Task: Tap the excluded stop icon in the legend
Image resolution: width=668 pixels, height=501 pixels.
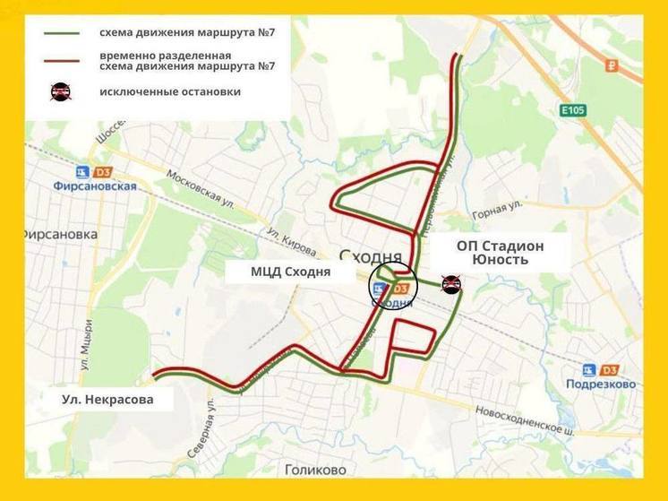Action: coord(60,91)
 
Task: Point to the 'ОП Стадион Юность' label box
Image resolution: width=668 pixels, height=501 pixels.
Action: coord(500,252)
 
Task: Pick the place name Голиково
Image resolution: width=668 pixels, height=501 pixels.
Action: coord(314,469)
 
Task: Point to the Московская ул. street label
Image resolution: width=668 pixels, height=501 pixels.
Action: coord(201,190)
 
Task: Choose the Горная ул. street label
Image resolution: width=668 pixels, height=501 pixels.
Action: coord(497,212)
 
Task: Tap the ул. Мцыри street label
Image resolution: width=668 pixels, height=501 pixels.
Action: coord(86,345)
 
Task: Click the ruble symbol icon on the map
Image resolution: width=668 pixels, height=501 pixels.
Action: coord(612,65)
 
